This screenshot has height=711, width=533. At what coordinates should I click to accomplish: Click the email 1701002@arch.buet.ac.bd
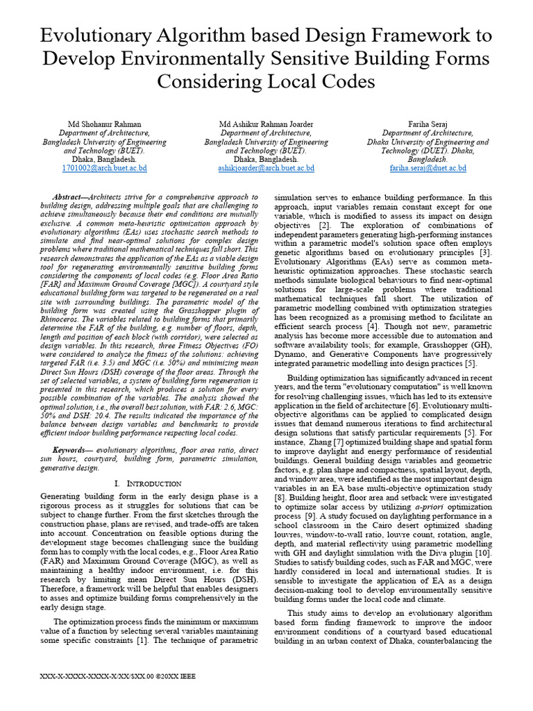coord(104,168)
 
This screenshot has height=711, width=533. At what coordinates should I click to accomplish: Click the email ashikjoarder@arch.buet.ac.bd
coord(266,168)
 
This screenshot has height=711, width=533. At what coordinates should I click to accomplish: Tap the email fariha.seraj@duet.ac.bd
coord(428,168)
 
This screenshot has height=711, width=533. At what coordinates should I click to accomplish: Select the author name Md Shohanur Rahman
coord(104,124)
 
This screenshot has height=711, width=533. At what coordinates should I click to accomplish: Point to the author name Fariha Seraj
coord(428,124)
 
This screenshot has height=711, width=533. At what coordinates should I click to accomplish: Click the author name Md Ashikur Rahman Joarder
coord(266,124)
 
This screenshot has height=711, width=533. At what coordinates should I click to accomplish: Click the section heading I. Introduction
coord(147,483)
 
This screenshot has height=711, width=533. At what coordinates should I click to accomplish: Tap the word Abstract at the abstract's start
coord(69,197)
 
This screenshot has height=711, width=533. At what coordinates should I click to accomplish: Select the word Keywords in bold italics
coord(73,450)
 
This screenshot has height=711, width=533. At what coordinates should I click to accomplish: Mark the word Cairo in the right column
coord(382,526)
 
